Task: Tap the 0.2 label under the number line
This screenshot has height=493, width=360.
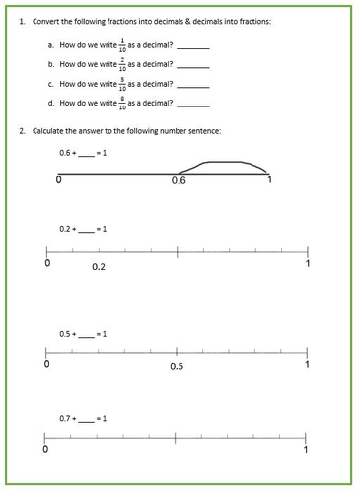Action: tap(99, 267)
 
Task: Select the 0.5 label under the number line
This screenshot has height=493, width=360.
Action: tap(177, 366)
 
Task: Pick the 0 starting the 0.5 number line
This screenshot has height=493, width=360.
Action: tap(46, 365)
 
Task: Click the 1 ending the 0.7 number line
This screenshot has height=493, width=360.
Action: tap(308, 451)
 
